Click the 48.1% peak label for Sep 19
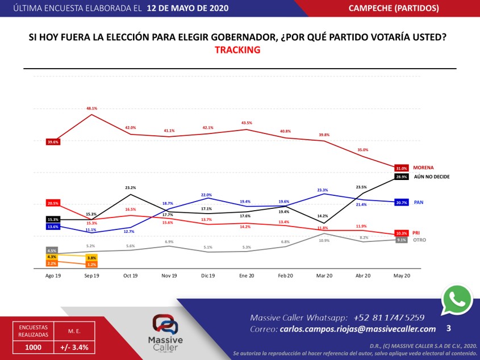tap(91, 108)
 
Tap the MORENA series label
tap(423, 168)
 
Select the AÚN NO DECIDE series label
tap(431, 177)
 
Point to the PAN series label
tap(418, 202)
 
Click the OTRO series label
tap(420, 240)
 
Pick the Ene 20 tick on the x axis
tap(247, 275)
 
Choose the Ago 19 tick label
tap(53, 275)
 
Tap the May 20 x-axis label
tap(402, 275)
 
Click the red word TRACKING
tap(237, 50)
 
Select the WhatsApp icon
tap(457, 299)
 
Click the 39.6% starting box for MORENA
tap(53, 142)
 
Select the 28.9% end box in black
tap(402, 177)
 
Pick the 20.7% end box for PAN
tap(402, 203)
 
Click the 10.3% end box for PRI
tap(402, 233)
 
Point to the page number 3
tap(449, 328)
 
